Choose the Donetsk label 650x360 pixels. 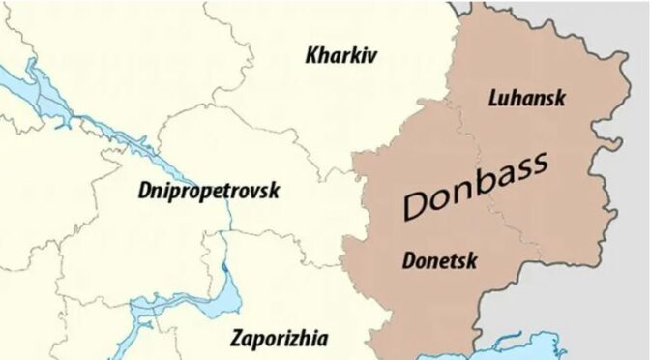[437, 258]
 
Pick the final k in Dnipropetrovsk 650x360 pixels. [274, 191]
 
